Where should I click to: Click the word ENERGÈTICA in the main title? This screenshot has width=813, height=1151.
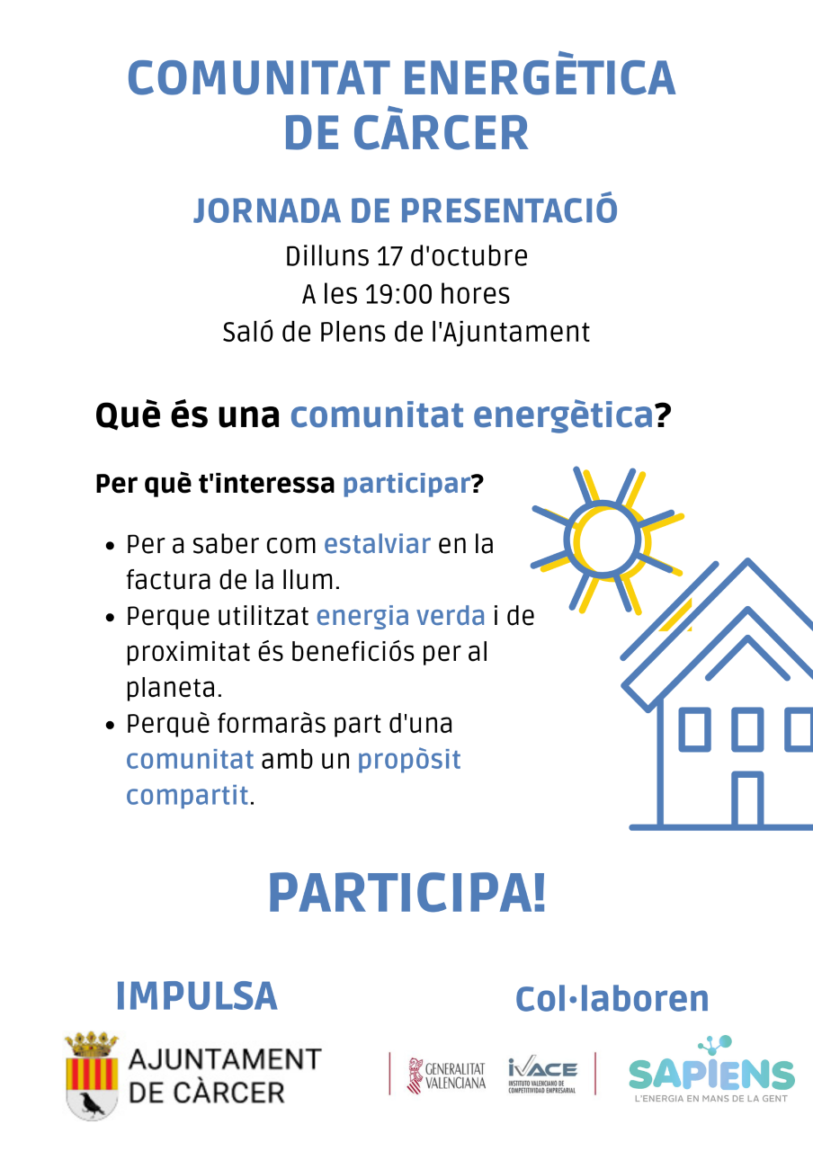click(539, 77)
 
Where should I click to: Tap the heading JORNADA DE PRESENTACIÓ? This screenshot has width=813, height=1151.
click(406, 210)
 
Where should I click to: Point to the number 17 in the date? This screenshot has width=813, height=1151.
click(389, 256)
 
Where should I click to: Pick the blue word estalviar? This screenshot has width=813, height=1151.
click(377, 544)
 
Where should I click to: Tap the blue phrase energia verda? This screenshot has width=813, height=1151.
click(401, 616)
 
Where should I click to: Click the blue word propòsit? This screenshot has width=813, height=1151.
click(409, 761)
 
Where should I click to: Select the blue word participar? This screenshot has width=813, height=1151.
click(406, 484)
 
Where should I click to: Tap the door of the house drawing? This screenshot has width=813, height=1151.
click(747, 799)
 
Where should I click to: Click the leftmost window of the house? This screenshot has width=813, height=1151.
click(695, 729)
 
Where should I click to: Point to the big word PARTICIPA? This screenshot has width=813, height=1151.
click(406, 894)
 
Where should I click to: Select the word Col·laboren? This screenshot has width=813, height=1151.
click(612, 999)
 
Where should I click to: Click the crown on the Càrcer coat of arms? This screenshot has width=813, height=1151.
click(92, 1043)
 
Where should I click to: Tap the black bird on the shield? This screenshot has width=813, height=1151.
click(92, 1103)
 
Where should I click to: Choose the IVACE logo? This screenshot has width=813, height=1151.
click(542, 1075)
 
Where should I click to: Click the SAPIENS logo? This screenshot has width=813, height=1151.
click(711, 1070)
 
